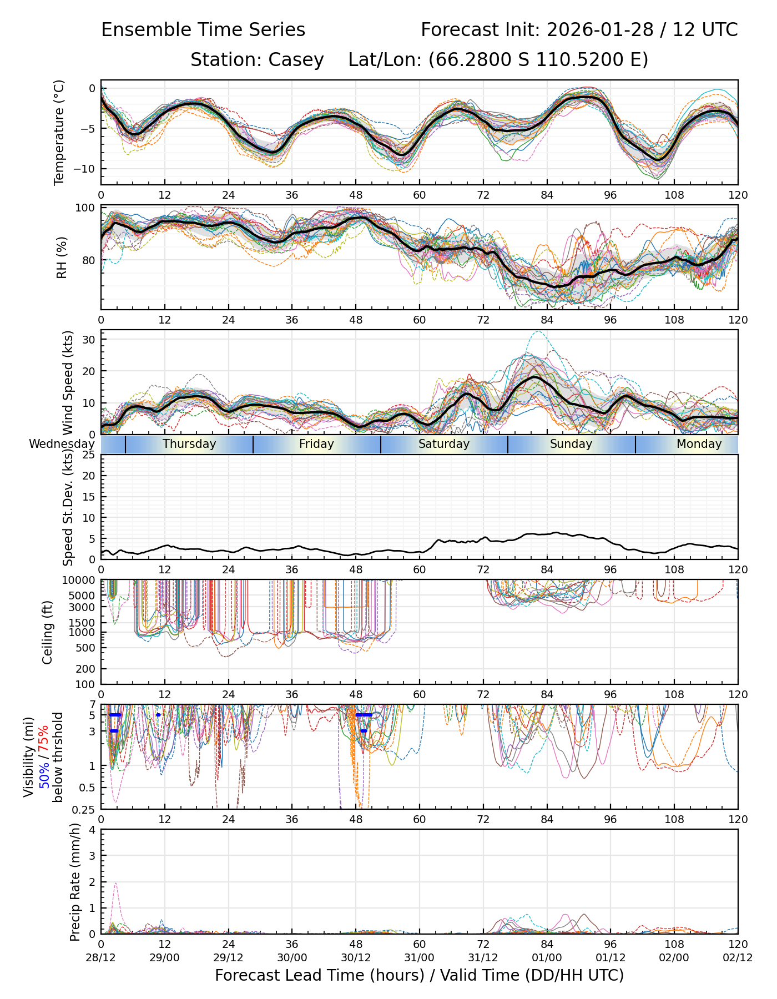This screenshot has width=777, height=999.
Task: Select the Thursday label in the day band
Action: (x=189, y=444)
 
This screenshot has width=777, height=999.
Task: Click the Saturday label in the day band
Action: (x=444, y=444)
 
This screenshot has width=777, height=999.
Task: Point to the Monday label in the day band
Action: (x=699, y=444)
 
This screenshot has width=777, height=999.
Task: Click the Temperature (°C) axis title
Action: (x=59, y=132)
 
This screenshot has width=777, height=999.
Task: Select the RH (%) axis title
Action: (x=62, y=258)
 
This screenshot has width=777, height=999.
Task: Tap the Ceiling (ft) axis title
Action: (x=48, y=632)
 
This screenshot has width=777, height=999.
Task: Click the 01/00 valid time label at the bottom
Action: (x=547, y=957)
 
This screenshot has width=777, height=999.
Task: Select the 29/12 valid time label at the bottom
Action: (x=228, y=957)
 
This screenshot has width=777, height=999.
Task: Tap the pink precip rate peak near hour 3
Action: (x=115, y=884)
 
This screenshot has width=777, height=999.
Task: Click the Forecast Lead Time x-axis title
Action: (x=419, y=976)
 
